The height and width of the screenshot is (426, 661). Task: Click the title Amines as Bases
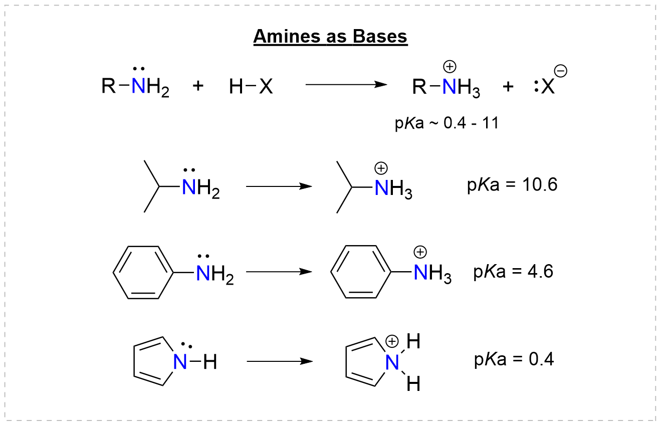[x=330, y=36]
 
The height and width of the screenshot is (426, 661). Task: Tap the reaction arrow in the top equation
[x=346, y=85]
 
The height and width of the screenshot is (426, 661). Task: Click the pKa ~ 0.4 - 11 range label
[x=447, y=123]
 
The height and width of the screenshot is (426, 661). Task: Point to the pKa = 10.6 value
[x=512, y=185]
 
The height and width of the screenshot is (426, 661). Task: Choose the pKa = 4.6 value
[x=513, y=272]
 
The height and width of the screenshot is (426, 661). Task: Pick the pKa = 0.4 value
[x=513, y=360]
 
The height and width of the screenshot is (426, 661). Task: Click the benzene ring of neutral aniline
[x=143, y=272]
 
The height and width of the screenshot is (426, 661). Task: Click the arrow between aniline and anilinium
[x=279, y=273]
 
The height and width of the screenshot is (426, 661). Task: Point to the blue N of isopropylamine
[x=189, y=187]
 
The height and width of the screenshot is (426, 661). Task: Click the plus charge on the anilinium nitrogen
[x=419, y=253]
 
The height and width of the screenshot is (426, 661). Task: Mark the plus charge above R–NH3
[x=450, y=66]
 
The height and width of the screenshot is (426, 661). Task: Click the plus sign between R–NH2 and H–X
[x=198, y=86]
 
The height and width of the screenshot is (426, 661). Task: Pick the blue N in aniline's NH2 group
[x=203, y=274]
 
